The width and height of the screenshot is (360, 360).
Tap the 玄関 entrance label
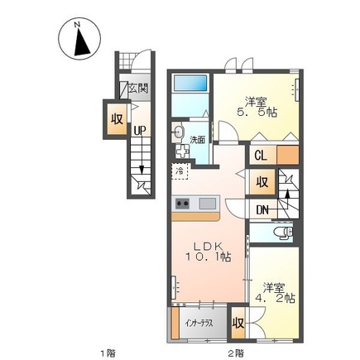point(138,89)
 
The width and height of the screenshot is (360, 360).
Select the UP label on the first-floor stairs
point(140,131)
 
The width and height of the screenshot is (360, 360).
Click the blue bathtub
point(190,83)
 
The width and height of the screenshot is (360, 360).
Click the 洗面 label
point(197,140)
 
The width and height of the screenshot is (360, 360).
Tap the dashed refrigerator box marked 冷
point(180,171)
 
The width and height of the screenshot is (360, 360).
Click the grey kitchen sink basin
point(208,204)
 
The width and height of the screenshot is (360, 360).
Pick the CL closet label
point(261,156)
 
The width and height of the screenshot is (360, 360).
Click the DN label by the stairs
point(262,210)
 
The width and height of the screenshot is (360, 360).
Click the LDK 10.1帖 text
point(208,252)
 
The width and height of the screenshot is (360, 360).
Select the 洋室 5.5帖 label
point(257,108)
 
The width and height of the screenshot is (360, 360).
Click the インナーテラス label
point(199,324)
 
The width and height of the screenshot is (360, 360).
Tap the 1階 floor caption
point(108,353)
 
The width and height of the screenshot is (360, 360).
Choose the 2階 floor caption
point(237,353)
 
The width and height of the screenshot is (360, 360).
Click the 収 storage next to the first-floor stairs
point(117,119)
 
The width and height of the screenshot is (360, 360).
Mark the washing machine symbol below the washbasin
point(182,151)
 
